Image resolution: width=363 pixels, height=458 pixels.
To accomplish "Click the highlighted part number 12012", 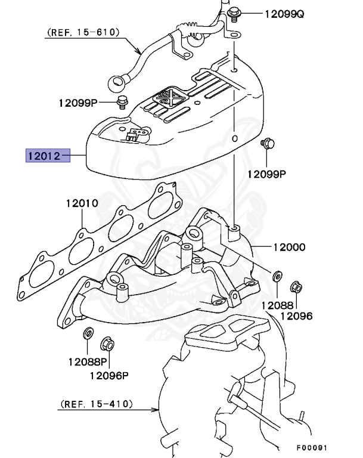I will [43, 156].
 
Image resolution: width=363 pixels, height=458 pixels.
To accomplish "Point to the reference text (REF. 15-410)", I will [96, 404].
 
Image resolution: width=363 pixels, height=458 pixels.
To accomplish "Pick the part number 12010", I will [82, 203].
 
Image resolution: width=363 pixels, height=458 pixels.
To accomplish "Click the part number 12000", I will [289, 246].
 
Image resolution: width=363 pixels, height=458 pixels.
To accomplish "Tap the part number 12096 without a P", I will [296, 315].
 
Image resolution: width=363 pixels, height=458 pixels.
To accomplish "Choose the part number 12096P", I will [109, 375].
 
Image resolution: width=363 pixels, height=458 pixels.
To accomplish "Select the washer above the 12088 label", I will [277, 277].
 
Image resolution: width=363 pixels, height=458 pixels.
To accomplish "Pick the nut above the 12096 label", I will [295, 288].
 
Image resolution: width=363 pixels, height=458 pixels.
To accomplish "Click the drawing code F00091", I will [312, 447].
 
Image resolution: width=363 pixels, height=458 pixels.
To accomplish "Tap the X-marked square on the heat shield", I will [167, 95].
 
